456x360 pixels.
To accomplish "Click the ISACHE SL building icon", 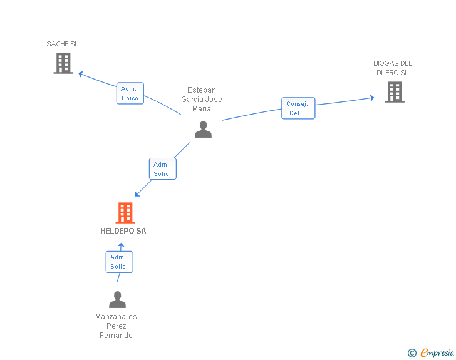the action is [x=63, y=63].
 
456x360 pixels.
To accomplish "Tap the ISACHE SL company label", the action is [x=61, y=44].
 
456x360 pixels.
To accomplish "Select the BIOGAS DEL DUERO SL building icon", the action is [x=395, y=92].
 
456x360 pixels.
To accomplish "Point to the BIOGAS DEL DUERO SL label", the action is [x=393, y=68].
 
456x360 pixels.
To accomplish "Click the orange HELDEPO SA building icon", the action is [x=125, y=213].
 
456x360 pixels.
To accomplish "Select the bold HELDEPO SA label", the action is [x=123, y=231].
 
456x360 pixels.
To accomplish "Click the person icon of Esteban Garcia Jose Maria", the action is [x=204, y=130].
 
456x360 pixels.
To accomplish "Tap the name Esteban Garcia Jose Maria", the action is [x=202, y=100].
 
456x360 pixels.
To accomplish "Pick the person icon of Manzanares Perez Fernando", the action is [x=118, y=299].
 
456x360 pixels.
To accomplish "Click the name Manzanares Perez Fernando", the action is [x=116, y=326].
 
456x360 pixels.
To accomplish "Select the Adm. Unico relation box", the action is [x=130, y=93].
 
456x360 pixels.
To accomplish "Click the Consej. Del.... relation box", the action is [x=298, y=108].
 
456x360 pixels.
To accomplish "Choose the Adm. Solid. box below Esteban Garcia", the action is [x=163, y=168].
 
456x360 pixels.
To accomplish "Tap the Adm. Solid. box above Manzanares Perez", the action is [x=119, y=262].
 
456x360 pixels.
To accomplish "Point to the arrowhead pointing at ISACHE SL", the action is [x=81, y=74].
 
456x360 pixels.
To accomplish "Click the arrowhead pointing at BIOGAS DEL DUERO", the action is [x=372, y=98].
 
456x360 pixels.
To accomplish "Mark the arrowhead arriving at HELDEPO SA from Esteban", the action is [x=137, y=194].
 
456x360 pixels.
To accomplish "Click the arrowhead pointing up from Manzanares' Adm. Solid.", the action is [x=121, y=245].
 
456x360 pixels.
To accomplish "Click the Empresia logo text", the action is [x=437, y=353].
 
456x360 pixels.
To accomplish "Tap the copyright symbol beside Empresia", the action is [x=412, y=353].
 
